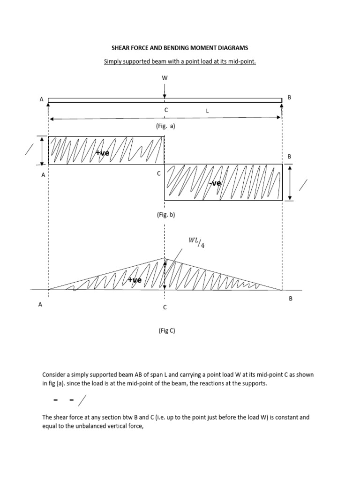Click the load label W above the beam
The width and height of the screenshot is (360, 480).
pyautogui.click(x=165, y=78)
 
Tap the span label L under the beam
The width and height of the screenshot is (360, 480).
pyautogui.click(x=207, y=110)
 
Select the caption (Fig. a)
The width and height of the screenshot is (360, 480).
pyautogui.click(x=165, y=126)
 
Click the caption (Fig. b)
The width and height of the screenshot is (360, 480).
pyautogui.click(x=165, y=214)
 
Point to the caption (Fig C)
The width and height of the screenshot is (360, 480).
pyautogui.click(x=166, y=330)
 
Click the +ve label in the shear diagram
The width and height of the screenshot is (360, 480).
pyautogui.click(x=102, y=153)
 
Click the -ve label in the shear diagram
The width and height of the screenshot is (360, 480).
pyautogui.click(x=216, y=183)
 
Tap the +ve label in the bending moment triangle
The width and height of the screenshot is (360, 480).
pyautogui.click(x=135, y=280)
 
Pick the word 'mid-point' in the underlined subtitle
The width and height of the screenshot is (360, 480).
pyautogui.click(x=243, y=61)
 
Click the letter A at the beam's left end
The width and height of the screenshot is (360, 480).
pyautogui.click(x=42, y=99)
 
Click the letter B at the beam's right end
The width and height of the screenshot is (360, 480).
pyautogui.click(x=289, y=97)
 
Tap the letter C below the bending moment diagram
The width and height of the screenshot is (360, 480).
pyautogui.click(x=165, y=307)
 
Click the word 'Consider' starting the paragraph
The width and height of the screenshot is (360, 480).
pyautogui.click(x=54, y=375)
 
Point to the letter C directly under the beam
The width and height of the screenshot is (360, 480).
pyautogui.click(x=165, y=109)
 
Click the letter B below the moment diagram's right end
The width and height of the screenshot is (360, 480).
pyautogui.click(x=290, y=299)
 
